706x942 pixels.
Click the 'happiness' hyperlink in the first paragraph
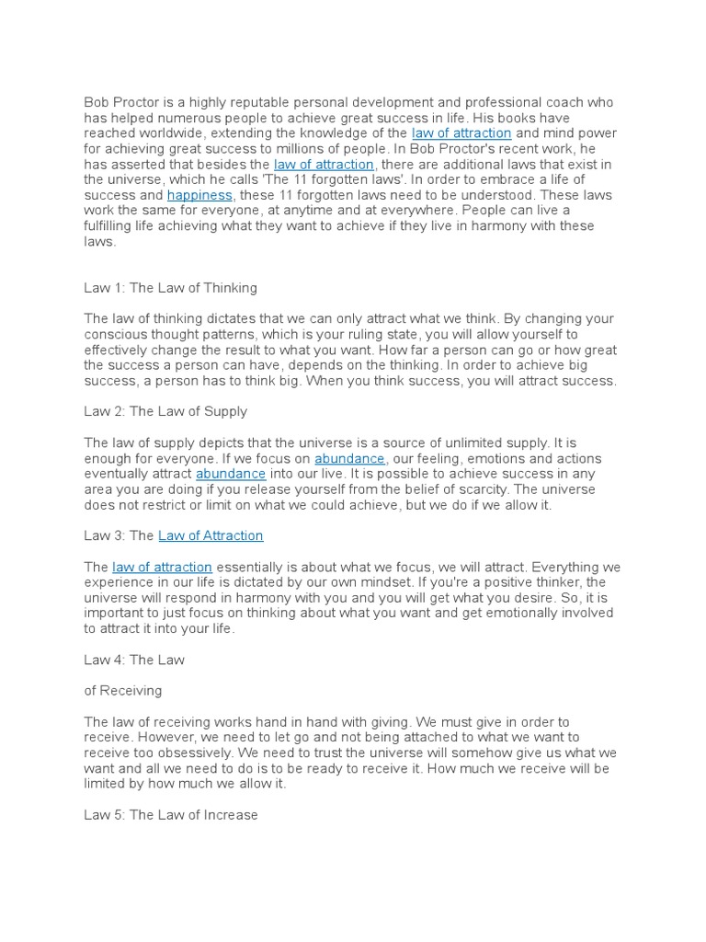point(199,196)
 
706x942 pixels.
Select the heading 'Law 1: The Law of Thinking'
point(171,288)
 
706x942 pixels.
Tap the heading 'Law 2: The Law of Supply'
point(165,411)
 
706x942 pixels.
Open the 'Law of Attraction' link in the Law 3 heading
point(211,535)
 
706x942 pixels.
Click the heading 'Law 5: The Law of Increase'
point(171,815)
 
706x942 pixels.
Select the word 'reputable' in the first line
point(243,102)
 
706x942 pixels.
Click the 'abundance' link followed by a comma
point(349,458)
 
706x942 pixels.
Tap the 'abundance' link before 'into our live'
point(231,474)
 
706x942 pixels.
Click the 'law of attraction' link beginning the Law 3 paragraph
point(162,567)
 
